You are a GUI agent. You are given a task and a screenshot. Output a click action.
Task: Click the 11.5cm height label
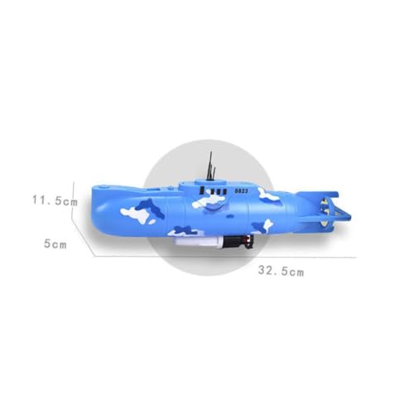[x=55, y=200]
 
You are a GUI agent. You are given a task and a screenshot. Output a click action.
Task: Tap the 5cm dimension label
[x=55, y=244]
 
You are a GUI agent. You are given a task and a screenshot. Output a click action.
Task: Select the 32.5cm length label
[x=281, y=271]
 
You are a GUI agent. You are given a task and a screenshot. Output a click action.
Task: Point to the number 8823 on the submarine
[x=241, y=190]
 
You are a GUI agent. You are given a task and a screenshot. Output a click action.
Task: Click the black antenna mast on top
[x=211, y=166]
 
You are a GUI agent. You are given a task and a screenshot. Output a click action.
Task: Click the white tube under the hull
[x=198, y=242]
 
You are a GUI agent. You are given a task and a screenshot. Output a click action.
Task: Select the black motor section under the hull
[x=238, y=242]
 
